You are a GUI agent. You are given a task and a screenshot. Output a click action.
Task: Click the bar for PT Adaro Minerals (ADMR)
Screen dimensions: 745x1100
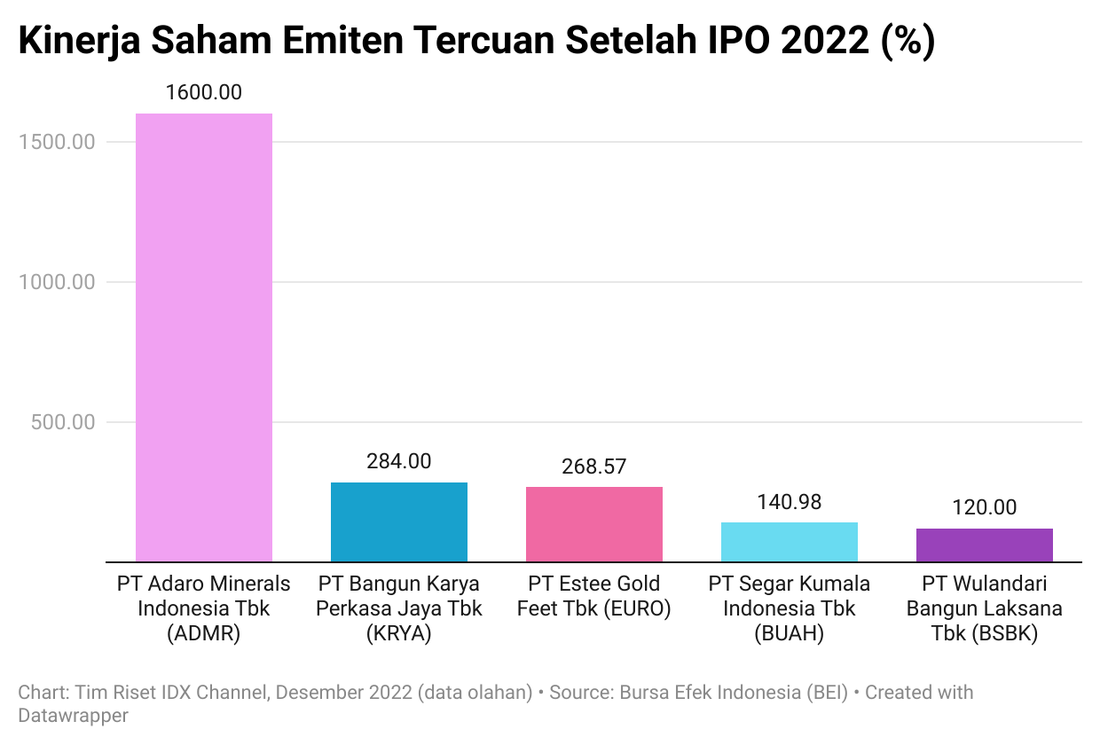coord(203,337)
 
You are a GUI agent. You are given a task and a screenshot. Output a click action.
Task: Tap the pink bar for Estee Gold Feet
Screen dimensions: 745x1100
coord(593,524)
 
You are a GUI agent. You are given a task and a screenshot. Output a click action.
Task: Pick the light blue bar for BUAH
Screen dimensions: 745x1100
coord(789,542)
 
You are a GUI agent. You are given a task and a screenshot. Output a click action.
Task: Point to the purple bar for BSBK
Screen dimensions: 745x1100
coord(984,545)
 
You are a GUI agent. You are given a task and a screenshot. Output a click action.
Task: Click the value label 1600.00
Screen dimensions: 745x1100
coord(203,92)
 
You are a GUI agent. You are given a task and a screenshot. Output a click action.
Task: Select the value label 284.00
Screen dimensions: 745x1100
coord(398,461)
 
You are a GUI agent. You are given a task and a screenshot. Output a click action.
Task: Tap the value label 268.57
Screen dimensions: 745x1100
coord(593,467)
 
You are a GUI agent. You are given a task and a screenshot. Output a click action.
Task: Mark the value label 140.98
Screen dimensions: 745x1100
coord(789,502)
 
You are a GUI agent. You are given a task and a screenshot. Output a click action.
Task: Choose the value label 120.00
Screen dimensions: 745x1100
coord(984,507)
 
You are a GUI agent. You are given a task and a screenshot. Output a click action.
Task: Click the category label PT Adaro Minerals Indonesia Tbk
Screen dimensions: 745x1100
coord(203,609)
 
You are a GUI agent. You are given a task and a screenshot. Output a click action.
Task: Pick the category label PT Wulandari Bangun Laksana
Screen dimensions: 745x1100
coord(984,609)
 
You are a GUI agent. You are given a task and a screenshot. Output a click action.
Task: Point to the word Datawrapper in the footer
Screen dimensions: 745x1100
coord(73,715)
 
